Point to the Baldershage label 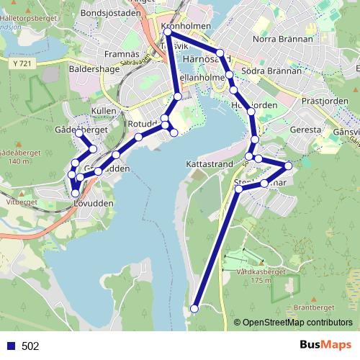[91, 71]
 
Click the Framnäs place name [121, 53]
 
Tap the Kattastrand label [209, 164]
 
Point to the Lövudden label [94, 204]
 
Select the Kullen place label [104, 111]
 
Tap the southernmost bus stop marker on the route [194, 309]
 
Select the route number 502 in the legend [30, 346]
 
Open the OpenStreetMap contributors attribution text [297, 323]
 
